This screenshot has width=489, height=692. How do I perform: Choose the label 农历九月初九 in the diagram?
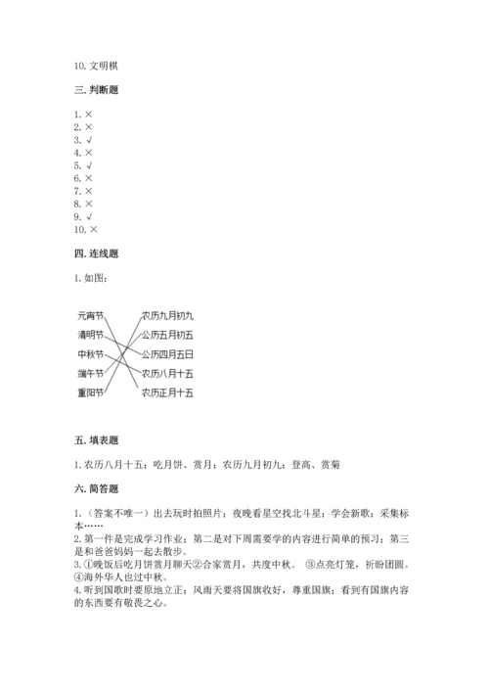167,315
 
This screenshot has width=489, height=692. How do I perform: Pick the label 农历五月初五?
167,335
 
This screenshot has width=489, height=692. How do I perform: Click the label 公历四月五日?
167,353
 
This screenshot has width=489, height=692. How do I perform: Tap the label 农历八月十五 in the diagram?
167,373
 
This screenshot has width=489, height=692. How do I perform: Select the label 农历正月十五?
167,392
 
